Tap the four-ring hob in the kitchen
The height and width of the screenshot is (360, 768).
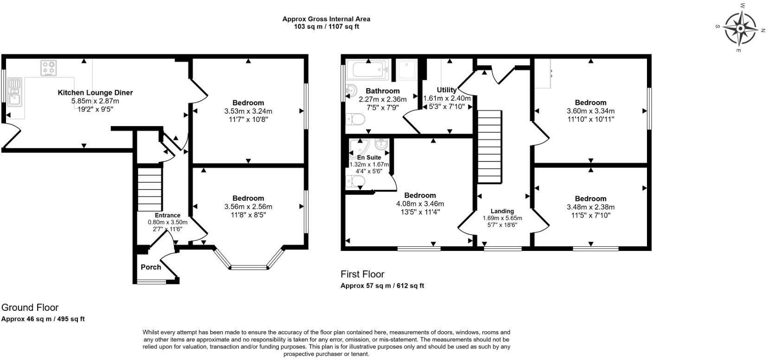pos(49,68)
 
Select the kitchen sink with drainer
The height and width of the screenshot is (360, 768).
pos(14,92)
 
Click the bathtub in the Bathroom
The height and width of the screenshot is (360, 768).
pos(368,70)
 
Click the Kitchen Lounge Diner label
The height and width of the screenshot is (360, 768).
pos(95,93)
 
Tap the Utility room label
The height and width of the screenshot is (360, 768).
pos(447,90)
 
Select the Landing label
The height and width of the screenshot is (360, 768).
pos(502,211)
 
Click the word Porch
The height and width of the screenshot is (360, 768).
pos(151,267)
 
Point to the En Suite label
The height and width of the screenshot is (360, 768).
pos(369,157)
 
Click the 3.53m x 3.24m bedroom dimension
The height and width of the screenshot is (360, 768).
pos(248,111)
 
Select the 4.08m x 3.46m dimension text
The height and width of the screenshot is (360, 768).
pos(420,204)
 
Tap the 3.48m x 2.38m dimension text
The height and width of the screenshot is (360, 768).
pos(590,207)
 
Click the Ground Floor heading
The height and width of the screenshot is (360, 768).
pos(30,307)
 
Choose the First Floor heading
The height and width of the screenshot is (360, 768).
pos(362,274)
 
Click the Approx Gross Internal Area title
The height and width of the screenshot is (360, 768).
pos(326,19)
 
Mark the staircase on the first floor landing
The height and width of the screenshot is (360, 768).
pos(490,147)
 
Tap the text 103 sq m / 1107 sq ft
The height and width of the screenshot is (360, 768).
pos(326,26)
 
